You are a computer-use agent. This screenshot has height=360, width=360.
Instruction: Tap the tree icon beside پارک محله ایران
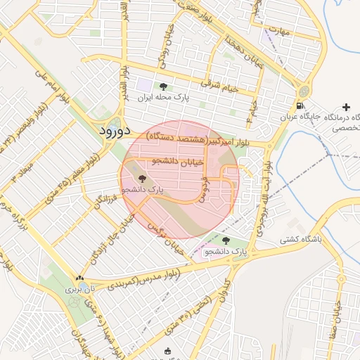pyautogui.click(x=164, y=86)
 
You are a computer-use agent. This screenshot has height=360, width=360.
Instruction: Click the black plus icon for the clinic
pyautogui.click(x=345, y=106)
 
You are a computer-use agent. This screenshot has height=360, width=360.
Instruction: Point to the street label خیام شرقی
pyautogui.click(x=220, y=85)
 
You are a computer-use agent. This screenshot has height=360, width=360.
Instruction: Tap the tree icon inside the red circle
pyautogui.click(x=143, y=179)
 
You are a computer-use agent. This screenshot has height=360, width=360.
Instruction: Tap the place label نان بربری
pyautogui.click(x=79, y=288)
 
